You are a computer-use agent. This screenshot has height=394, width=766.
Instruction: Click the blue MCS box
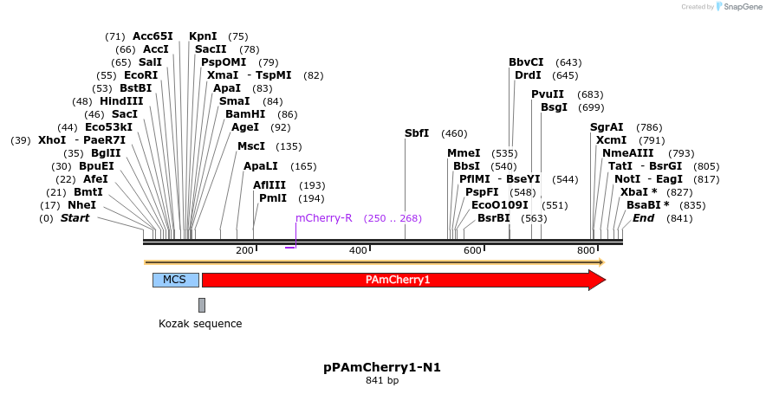(175, 280)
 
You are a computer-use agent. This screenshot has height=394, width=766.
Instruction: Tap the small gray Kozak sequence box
(202, 305)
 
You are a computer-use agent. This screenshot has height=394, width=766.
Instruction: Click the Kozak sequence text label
(200, 324)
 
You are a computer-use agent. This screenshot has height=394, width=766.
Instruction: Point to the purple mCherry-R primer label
(324, 218)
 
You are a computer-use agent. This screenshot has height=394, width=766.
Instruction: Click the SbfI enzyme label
(417, 133)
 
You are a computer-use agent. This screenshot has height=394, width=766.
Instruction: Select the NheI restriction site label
(82, 205)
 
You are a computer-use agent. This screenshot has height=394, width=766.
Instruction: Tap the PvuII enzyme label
(548, 94)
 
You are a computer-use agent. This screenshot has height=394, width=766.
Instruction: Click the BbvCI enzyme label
(526, 62)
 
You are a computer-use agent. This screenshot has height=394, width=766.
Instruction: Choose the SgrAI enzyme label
(607, 127)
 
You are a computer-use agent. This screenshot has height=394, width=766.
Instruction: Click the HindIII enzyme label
(121, 101)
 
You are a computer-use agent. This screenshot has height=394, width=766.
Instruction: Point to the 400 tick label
(358, 250)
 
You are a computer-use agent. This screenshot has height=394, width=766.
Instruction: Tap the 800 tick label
(586, 250)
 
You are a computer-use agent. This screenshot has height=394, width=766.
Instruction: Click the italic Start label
(75, 218)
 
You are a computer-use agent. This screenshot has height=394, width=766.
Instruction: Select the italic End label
(643, 218)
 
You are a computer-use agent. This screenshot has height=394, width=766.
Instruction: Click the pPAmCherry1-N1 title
(382, 367)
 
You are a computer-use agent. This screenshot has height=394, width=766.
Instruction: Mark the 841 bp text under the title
(382, 380)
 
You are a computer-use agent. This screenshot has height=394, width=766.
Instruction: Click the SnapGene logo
(737, 7)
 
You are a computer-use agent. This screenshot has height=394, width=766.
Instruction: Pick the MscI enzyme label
(251, 146)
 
